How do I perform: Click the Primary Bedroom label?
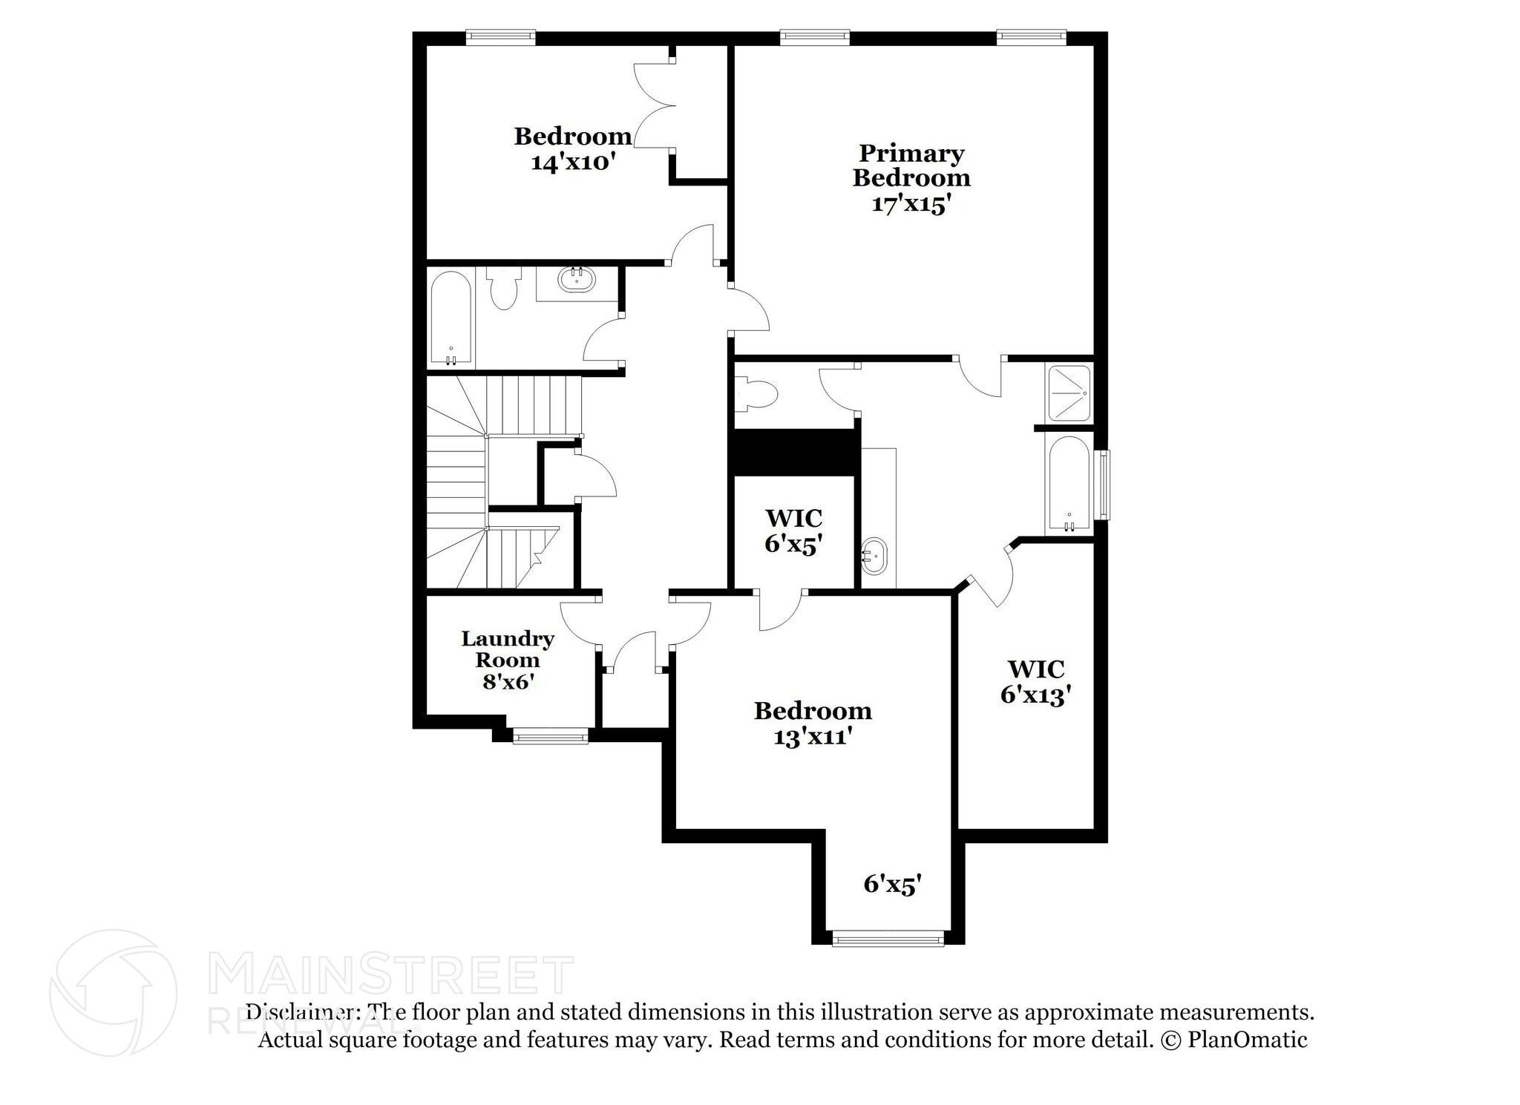tap(911, 165)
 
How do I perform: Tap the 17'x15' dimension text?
tap(911, 204)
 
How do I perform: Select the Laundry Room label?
tap(508, 649)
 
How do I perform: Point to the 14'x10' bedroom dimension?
tap(574, 162)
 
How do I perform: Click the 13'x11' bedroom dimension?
tap(812, 737)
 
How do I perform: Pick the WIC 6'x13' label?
tap(1036, 681)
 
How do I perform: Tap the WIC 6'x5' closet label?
tap(793, 531)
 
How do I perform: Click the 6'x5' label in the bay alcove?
tap(892, 884)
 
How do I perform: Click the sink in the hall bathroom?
tap(577, 280)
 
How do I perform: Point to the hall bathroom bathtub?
tap(451, 319)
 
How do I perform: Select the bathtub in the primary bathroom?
tap(1068, 484)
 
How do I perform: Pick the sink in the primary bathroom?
tap(874, 555)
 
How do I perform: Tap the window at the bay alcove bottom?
tap(888, 940)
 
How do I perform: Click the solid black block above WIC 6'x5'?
tap(794, 452)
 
